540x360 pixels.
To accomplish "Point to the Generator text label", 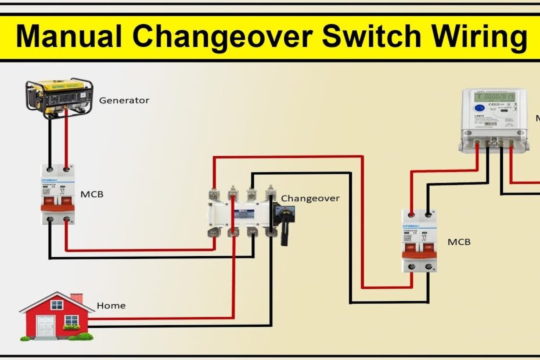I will tap(124, 100).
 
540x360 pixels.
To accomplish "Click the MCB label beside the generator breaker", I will tap(92, 194).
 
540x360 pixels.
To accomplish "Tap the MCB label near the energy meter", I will tap(459, 242).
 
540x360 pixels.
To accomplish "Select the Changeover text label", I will tap(310, 199).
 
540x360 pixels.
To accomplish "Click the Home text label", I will tap(111, 305).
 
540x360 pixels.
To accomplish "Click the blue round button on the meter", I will tap(480, 108).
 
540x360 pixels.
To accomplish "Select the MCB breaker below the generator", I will tap(59, 194).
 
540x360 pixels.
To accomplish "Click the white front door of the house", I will tap(56, 324).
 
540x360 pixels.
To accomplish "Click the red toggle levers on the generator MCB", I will tap(59, 201).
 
